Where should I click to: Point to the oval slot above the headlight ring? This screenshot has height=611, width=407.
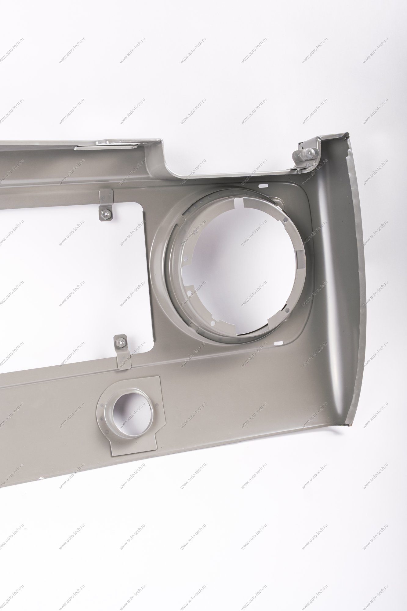[263, 185]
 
